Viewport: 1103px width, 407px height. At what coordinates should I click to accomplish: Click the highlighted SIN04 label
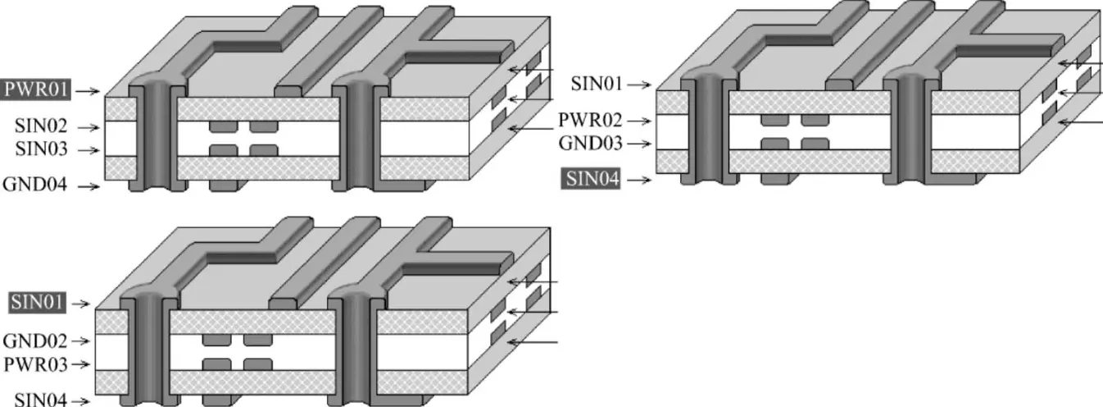[590, 178]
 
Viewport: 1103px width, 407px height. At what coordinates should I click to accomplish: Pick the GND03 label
[589, 144]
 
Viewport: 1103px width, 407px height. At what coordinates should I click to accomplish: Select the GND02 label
[34, 340]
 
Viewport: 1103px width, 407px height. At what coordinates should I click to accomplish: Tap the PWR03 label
[34, 363]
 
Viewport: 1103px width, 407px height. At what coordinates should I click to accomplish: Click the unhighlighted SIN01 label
[596, 84]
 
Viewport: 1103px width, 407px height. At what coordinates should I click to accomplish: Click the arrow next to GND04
[89, 187]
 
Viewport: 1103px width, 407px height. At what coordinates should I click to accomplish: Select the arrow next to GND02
[80, 340]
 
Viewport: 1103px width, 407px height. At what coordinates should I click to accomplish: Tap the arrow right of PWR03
[80, 363]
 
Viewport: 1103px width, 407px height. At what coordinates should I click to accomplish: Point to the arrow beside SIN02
[89, 127]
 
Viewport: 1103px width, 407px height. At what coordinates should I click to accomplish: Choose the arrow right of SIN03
[89, 151]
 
